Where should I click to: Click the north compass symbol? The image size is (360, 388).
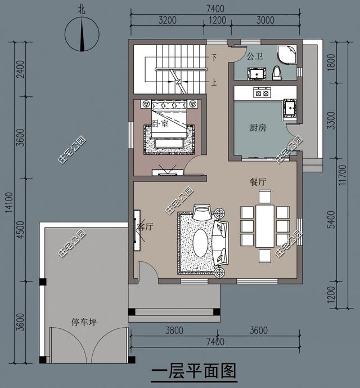(x=82, y=34)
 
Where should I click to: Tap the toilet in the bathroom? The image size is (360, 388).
(x=277, y=73)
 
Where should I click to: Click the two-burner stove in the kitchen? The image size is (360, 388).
(x=262, y=93)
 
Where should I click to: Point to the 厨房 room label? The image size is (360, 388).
(x=258, y=128)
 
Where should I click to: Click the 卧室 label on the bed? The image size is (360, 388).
(x=160, y=123)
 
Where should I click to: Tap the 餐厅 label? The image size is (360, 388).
(x=258, y=182)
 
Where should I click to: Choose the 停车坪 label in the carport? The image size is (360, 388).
(x=84, y=322)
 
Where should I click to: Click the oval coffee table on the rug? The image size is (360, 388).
(x=200, y=243)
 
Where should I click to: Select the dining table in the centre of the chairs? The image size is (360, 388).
(x=265, y=226)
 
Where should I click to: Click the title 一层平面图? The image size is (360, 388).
(x=193, y=371)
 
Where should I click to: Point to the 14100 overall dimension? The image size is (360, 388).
(x=9, y=202)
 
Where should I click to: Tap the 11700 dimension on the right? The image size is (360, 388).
(x=343, y=175)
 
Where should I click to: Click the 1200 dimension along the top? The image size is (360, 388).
(x=217, y=20)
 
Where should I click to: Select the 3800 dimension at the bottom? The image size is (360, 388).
(x=174, y=331)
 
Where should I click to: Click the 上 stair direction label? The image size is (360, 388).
(x=214, y=82)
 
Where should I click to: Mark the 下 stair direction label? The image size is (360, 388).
(x=214, y=57)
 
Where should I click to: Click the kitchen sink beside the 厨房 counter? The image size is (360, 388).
(x=290, y=109)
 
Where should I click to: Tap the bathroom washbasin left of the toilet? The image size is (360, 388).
(x=257, y=74)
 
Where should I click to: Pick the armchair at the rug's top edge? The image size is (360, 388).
(x=202, y=212)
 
